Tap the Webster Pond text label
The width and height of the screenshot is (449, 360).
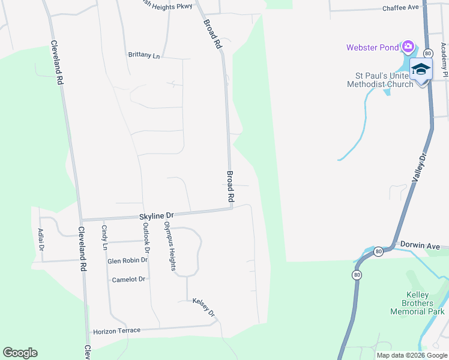(372, 47)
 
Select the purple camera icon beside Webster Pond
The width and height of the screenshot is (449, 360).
(408, 46)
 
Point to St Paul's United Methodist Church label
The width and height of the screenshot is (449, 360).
(380, 80)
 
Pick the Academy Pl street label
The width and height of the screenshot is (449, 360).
(445, 63)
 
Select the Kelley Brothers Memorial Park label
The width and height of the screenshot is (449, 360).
(417, 303)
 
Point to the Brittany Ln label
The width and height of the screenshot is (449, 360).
(144, 55)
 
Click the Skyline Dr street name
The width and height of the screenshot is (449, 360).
(156, 215)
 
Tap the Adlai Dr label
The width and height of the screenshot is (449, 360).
(41, 240)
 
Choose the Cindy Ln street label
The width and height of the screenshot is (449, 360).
(104, 237)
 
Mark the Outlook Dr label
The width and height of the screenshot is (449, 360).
(145, 237)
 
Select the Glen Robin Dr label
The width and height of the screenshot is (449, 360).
(127, 260)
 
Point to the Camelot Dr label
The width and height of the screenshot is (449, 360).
(128, 280)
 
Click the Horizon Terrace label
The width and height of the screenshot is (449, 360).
(116, 331)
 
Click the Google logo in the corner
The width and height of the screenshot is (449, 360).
(20, 353)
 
